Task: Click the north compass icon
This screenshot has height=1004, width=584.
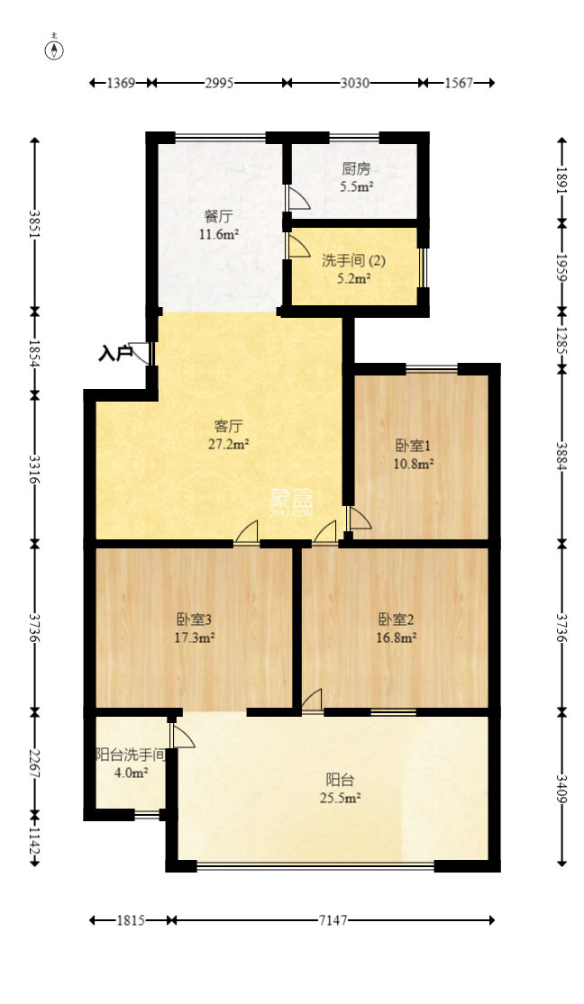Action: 56,50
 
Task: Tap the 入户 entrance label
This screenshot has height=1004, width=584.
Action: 114,354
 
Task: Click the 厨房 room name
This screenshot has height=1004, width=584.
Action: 356,168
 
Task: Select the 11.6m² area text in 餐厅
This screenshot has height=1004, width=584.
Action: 219,234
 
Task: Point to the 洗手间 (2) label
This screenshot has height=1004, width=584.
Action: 354,261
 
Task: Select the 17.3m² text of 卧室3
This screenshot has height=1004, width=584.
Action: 195,638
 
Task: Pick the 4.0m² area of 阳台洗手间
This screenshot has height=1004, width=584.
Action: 131,773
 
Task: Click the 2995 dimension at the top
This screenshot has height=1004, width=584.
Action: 219,83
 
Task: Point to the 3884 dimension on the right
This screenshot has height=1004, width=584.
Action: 562,456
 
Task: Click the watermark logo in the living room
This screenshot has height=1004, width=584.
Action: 290,502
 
